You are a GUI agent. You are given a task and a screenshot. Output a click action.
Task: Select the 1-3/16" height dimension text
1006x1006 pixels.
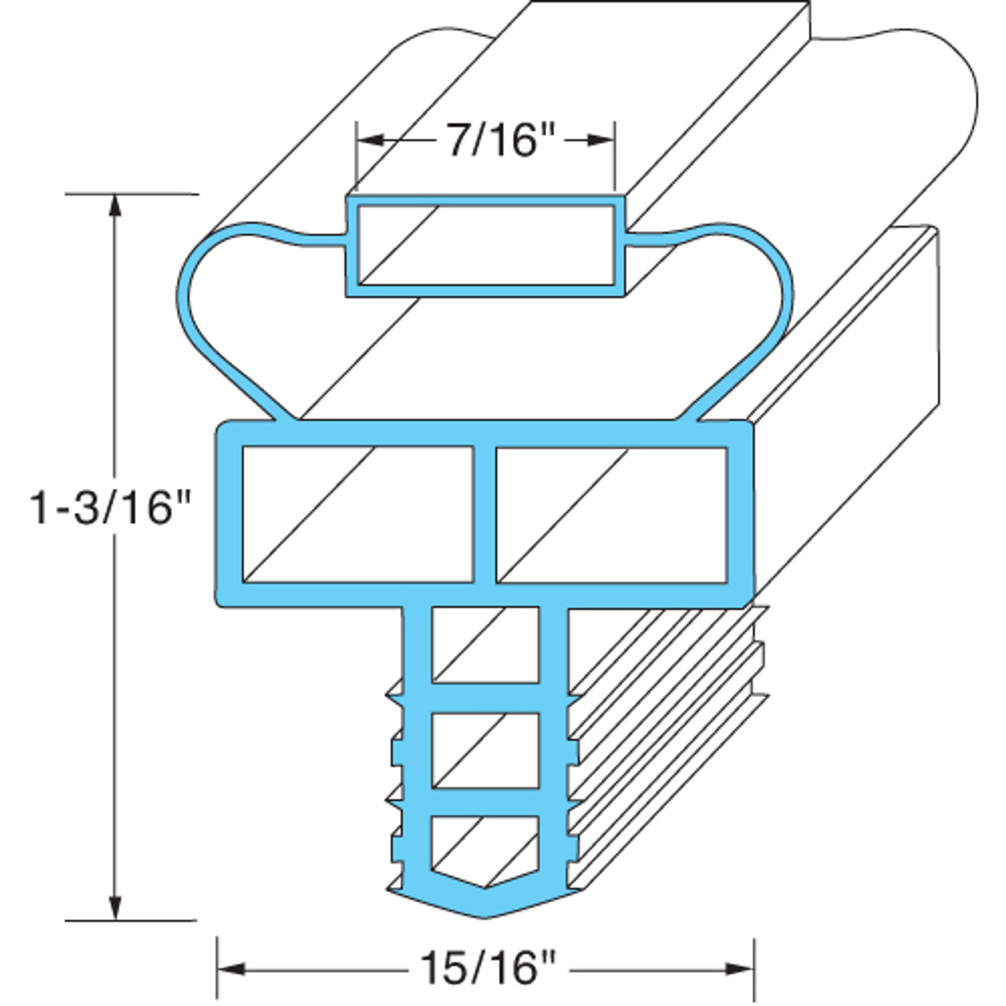(x=111, y=507)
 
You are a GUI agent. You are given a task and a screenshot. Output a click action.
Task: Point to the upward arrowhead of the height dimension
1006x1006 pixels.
(x=116, y=206)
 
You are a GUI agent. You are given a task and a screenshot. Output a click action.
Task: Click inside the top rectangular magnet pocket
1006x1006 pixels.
(x=486, y=245)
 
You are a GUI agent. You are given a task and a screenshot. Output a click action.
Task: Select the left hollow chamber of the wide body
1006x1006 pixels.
(x=357, y=515)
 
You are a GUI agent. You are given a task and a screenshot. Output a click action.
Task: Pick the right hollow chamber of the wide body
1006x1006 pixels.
(x=611, y=515)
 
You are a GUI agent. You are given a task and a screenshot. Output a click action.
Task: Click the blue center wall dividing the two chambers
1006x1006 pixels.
(x=484, y=515)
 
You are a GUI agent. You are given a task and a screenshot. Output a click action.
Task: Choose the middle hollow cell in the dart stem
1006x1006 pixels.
(x=486, y=750)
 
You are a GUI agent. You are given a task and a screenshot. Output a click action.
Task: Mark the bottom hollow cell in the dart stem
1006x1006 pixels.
(x=486, y=845)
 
